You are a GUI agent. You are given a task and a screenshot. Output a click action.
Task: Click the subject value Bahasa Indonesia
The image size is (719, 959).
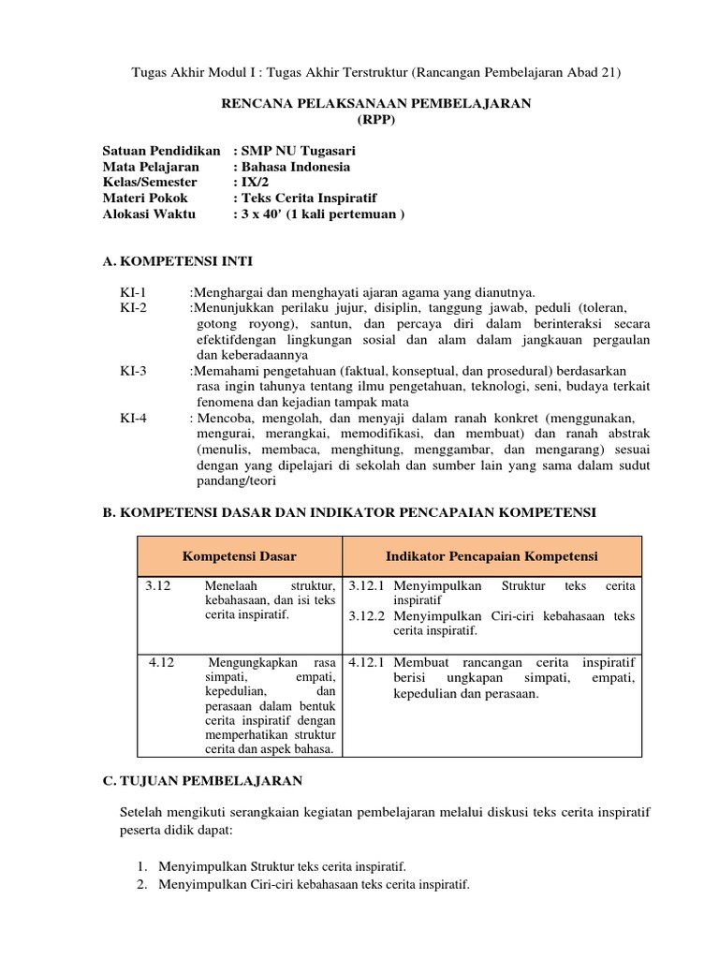pyautogui.click(x=296, y=167)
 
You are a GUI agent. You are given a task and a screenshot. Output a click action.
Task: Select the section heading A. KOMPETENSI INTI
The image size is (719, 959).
pyautogui.click(x=177, y=260)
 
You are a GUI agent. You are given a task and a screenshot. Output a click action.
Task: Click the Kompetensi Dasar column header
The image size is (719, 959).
pyautogui.click(x=240, y=556)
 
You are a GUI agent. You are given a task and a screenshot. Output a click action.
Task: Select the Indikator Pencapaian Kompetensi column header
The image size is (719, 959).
pyautogui.click(x=492, y=556)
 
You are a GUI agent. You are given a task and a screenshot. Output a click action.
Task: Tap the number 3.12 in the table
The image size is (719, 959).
pyautogui.click(x=158, y=585)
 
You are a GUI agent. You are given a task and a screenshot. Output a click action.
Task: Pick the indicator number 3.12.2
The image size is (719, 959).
pyautogui.click(x=368, y=616)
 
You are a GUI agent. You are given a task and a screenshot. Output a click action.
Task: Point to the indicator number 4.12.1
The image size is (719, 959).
pyautogui.click(x=368, y=662)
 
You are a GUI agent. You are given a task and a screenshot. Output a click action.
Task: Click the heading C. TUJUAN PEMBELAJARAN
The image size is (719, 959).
pyautogui.click(x=202, y=780)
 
